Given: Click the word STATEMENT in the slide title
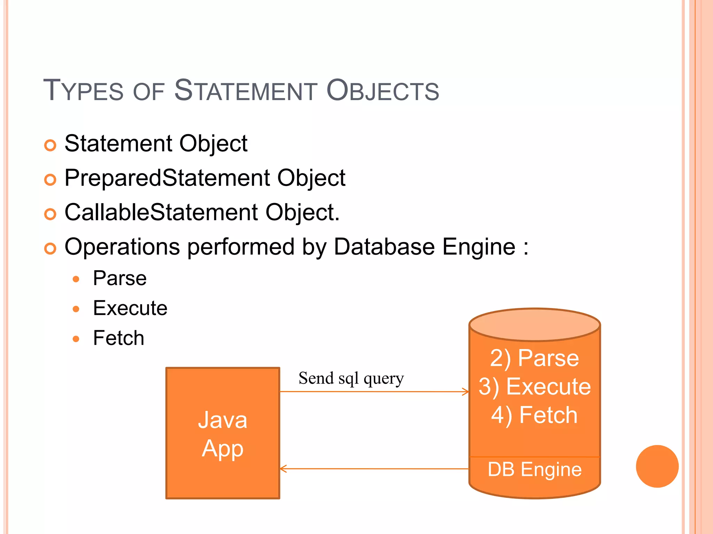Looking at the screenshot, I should [x=245, y=91].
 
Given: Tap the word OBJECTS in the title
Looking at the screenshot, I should [x=383, y=91].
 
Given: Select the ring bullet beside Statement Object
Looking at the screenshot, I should [x=50, y=145].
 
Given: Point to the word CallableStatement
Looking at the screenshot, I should [x=161, y=212].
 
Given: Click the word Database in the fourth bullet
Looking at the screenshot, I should [x=384, y=247].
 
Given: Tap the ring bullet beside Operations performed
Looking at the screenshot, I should [x=50, y=248].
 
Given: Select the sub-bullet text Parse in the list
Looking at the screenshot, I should [x=120, y=278].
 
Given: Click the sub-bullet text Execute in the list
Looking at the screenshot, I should [x=130, y=308].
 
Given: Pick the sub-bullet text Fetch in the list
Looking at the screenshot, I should [x=118, y=338].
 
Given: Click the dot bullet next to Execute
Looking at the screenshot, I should [x=76, y=309].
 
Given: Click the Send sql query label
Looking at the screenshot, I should [x=351, y=379].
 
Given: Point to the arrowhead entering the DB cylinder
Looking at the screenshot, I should [x=466, y=392].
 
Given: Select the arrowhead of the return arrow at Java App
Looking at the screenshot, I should [x=283, y=469].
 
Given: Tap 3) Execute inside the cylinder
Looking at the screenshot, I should [x=534, y=387].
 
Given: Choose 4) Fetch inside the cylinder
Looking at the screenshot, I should [x=534, y=415].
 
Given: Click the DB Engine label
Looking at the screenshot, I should [x=534, y=470].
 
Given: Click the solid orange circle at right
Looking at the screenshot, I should [x=657, y=466].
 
